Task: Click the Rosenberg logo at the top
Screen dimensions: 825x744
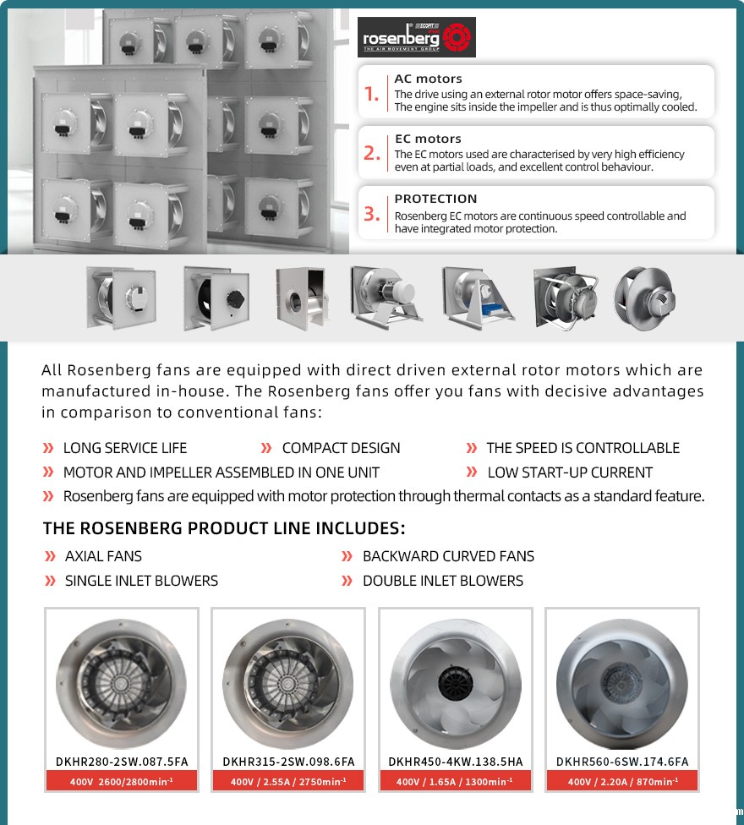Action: tap(416, 37)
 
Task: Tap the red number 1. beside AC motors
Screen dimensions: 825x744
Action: tap(372, 94)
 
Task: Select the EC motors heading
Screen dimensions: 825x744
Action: tap(428, 139)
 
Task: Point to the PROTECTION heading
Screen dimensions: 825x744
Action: tap(435, 199)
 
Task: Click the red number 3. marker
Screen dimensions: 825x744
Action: tap(372, 214)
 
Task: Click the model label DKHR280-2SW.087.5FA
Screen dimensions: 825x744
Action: tap(121, 762)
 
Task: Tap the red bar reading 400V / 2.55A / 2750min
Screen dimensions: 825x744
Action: tap(288, 782)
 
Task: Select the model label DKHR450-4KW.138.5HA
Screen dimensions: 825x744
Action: tap(456, 762)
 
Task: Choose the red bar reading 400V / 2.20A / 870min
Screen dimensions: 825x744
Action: tap(621, 782)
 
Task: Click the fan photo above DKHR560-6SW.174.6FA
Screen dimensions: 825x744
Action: tap(621, 683)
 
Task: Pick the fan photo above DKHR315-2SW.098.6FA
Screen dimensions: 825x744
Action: tap(288, 683)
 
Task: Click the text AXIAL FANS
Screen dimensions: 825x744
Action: tap(103, 556)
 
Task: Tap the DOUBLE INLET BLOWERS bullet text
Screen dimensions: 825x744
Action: tap(442, 581)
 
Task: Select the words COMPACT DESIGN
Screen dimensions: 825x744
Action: tap(341, 448)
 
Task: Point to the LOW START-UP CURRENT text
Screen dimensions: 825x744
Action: tap(570, 473)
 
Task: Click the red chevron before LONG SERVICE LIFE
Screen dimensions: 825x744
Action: tap(48, 448)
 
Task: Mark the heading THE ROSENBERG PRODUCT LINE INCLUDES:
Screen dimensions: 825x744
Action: tap(224, 529)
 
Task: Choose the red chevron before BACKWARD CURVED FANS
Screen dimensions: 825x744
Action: tap(347, 556)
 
